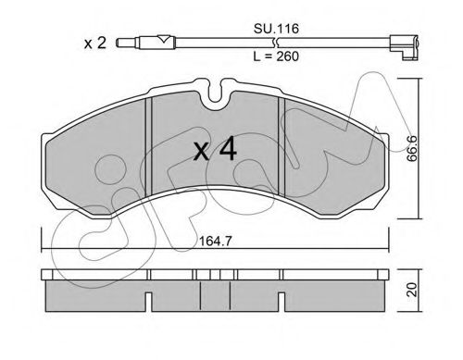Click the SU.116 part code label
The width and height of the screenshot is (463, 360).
coord(276,29)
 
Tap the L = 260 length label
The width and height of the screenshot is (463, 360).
coord(276,56)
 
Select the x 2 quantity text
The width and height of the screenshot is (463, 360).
coord(95,43)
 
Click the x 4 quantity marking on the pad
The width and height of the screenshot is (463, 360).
coord(215,150)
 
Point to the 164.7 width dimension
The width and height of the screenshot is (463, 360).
coord(216,241)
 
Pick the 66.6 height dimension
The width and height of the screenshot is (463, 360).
coord(412,148)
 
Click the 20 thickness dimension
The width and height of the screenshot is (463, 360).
coord(412,291)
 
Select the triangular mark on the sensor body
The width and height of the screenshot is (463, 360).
coord(164,39)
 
